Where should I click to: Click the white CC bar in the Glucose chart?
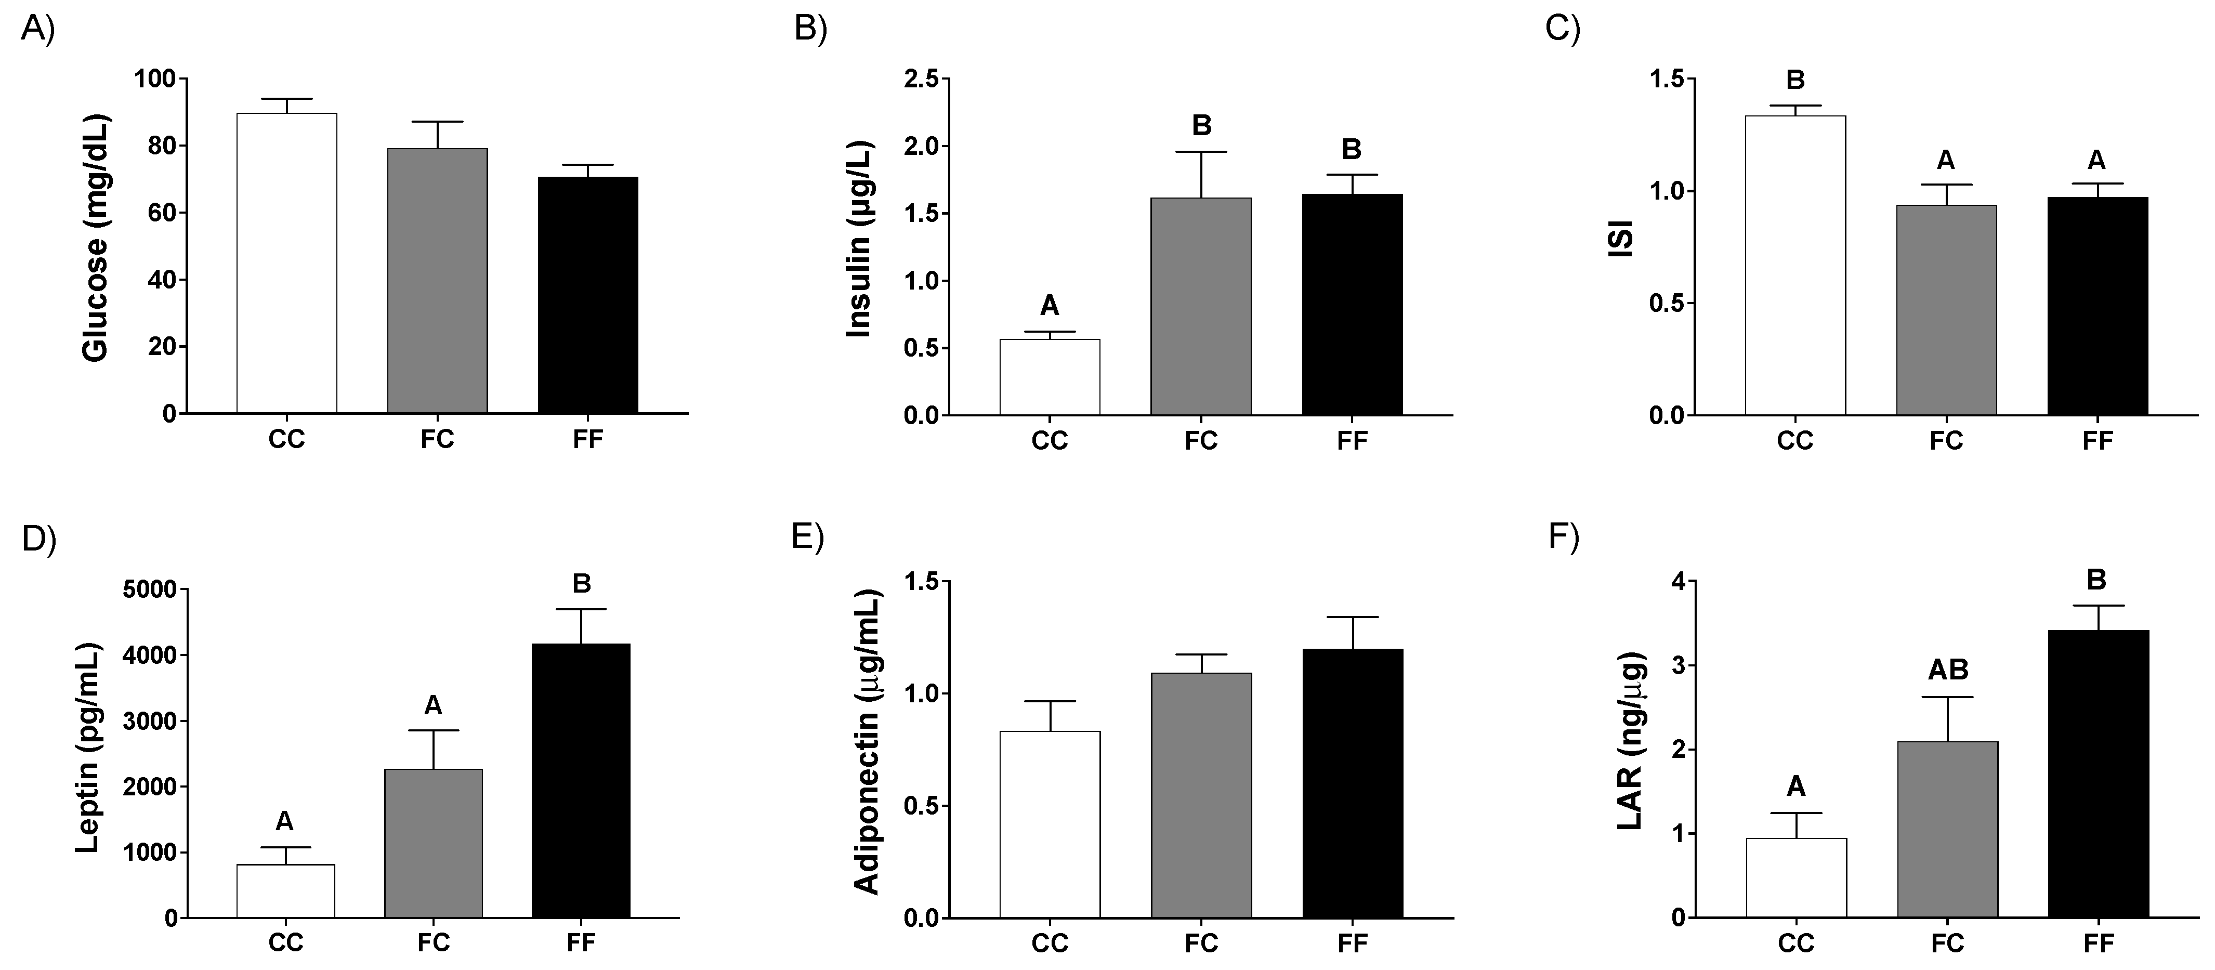tap(286, 263)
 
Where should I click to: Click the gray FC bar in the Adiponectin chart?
tap(1201, 795)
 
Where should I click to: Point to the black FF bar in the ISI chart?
tap(2097, 306)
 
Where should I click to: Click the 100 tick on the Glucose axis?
tap(155, 79)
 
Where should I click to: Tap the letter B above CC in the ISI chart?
tap(1795, 80)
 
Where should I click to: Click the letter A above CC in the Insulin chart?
tap(1049, 305)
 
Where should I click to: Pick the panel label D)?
tap(38, 539)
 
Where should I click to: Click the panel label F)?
tap(1563, 536)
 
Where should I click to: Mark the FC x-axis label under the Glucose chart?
tap(437, 439)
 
